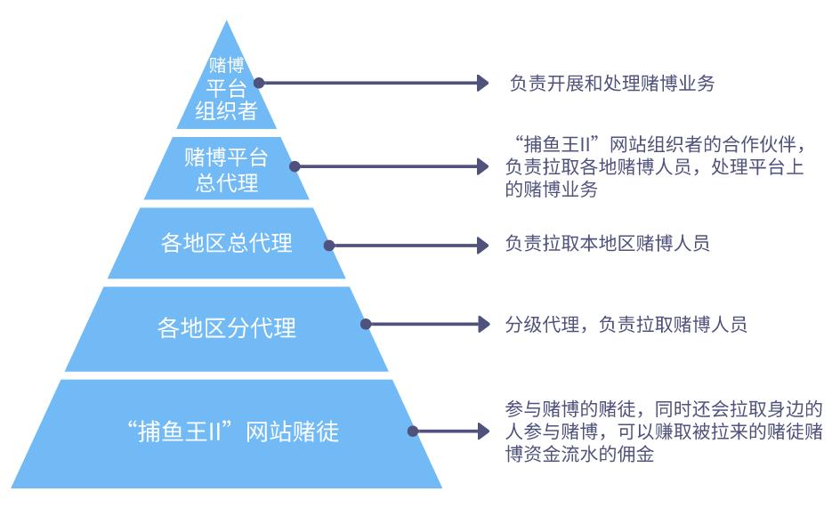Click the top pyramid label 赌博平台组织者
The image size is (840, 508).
(226, 88)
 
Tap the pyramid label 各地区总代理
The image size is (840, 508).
(226, 243)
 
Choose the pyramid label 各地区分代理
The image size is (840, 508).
(226, 327)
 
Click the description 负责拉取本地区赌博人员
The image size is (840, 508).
(607, 244)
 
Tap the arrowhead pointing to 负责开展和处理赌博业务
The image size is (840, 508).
(483, 84)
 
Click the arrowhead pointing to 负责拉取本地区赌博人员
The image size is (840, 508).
(483, 244)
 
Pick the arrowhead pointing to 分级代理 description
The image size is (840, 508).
(483, 324)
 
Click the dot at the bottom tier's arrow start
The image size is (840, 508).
(412, 431)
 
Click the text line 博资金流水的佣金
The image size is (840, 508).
(584, 454)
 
